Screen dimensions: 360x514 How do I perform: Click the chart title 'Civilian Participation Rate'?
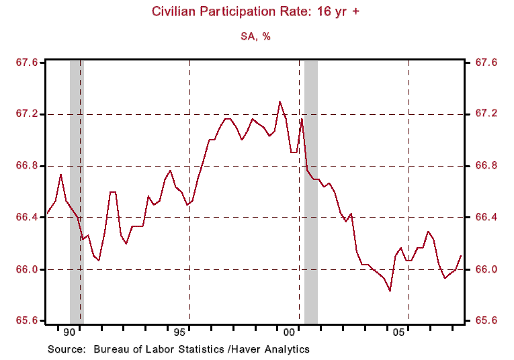[x=257, y=11]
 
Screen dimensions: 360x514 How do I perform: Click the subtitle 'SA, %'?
[x=257, y=36]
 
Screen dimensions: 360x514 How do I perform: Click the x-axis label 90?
[x=69, y=332]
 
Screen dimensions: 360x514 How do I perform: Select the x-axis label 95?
[x=179, y=332]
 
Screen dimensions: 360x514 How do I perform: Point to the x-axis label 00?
[x=289, y=332]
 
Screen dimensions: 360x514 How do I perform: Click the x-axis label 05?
[x=398, y=332]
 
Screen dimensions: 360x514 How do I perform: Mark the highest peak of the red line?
[x=280, y=101]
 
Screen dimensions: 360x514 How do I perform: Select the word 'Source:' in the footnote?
[x=67, y=349]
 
